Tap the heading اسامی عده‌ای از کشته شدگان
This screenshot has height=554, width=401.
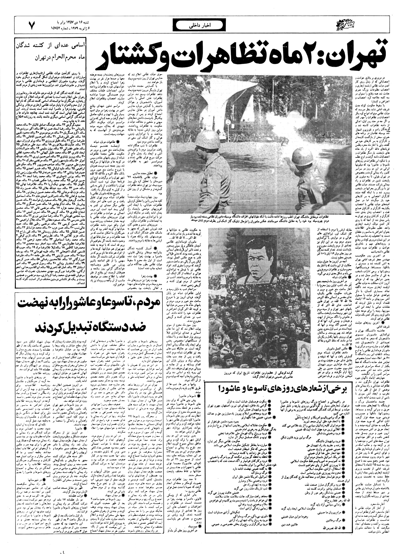[51, 45]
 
